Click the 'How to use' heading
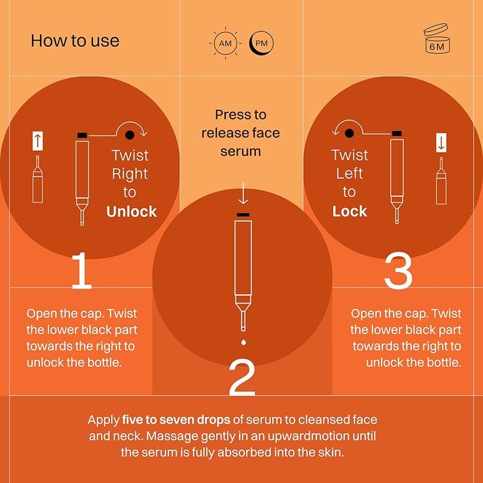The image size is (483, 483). tap(75, 41)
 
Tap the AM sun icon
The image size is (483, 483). tap(225, 43)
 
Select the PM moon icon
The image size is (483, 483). tap(261, 43)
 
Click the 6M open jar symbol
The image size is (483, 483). tap(437, 38)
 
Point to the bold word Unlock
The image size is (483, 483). tap(132, 212)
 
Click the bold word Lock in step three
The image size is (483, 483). tap(350, 211)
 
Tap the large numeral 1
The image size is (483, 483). tap(82, 270)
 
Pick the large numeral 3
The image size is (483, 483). tap(398, 270)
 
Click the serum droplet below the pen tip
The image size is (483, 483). tap(243, 342)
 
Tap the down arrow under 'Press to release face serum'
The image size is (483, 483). tap(243, 193)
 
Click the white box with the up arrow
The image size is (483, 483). tap(37, 141)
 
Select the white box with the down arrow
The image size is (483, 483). tap(441, 142)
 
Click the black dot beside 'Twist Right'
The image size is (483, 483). tap(130, 135)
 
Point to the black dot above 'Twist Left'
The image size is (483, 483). tap(350, 133)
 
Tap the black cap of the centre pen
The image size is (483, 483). tap(243, 215)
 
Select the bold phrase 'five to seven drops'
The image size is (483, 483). tap(176, 420)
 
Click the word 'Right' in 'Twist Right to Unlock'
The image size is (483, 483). tap(130, 174)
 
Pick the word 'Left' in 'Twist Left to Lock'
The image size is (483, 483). tap(350, 173)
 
